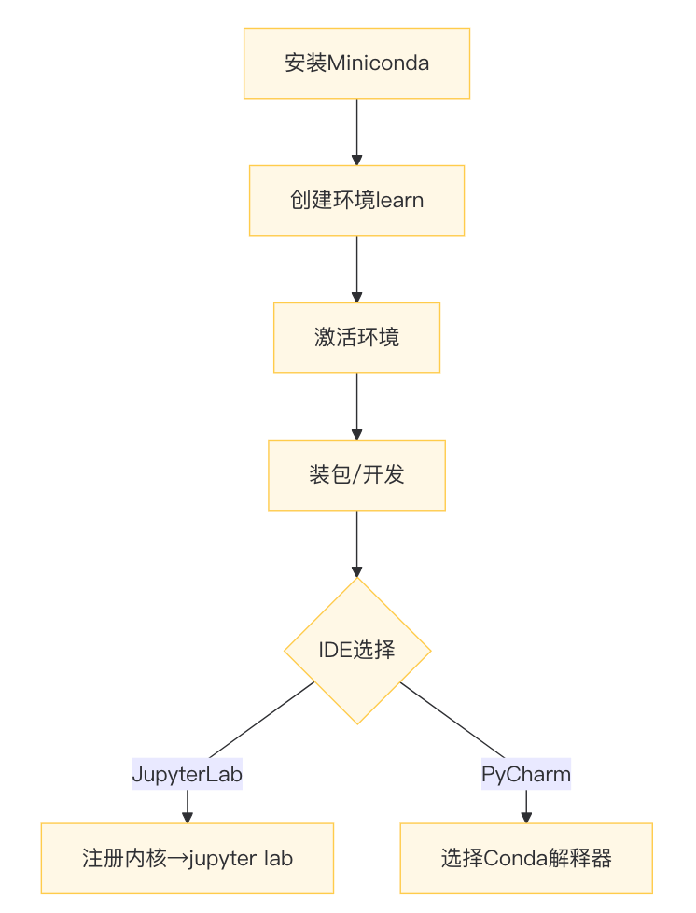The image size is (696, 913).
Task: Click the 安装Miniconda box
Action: [356, 63]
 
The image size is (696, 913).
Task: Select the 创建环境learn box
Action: [356, 201]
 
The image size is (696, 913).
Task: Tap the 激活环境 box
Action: [356, 338]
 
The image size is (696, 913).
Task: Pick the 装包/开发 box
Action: [356, 475]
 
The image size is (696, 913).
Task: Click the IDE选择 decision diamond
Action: [357, 650]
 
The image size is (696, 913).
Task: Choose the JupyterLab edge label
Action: [188, 775]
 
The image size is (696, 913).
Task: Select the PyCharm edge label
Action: [526, 775]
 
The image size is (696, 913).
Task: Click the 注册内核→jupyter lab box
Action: [188, 858]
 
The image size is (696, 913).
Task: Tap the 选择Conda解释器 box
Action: [526, 858]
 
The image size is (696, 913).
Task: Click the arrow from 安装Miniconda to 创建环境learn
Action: [356, 131]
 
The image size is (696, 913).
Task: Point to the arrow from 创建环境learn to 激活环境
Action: [356, 268]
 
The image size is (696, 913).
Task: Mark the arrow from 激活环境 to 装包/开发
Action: [356, 405]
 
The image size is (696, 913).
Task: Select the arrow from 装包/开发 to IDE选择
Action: [356, 542]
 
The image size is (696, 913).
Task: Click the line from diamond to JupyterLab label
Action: [261, 720]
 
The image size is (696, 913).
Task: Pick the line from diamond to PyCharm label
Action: [452, 720]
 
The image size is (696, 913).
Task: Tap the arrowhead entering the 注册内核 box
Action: [188, 818]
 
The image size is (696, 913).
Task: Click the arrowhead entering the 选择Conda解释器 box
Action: [526, 818]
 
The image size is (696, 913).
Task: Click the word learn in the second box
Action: [398, 201]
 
